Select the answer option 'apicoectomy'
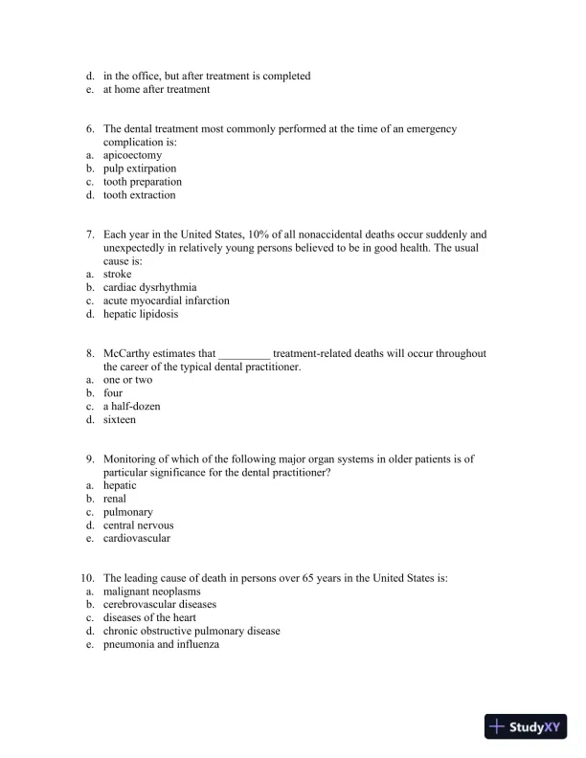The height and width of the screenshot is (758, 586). click(132, 155)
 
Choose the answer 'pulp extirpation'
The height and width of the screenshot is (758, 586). click(140, 168)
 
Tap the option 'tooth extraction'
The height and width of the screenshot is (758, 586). click(139, 195)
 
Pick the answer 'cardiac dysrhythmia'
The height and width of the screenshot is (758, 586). click(149, 287)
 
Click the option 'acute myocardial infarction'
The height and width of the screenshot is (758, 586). click(166, 301)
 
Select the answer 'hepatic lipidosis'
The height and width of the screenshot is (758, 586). click(141, 314)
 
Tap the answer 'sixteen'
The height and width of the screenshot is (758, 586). click(120, 420)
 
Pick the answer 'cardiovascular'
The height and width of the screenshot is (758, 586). click(136, 539)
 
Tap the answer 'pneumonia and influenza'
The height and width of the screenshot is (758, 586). click(161, 645)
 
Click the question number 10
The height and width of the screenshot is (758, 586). click(86, 578)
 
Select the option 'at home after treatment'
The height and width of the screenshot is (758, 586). click(156, 90)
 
